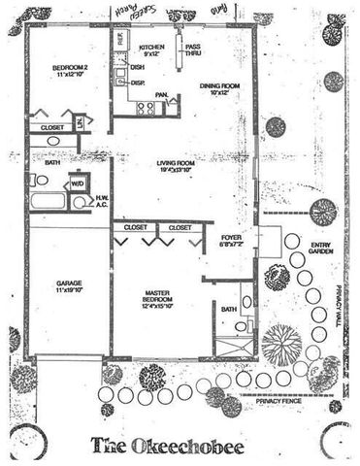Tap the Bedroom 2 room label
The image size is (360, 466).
click(x=69, y=70)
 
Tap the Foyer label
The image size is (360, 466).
click(x=231, y=240)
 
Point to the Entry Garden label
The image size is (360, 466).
click(x=320, y=247)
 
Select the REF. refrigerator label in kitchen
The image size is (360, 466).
click(x=120, y=40)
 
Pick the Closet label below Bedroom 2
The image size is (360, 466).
click(x=50, y=127)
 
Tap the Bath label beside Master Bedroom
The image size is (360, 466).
click(x=229, y=309)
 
